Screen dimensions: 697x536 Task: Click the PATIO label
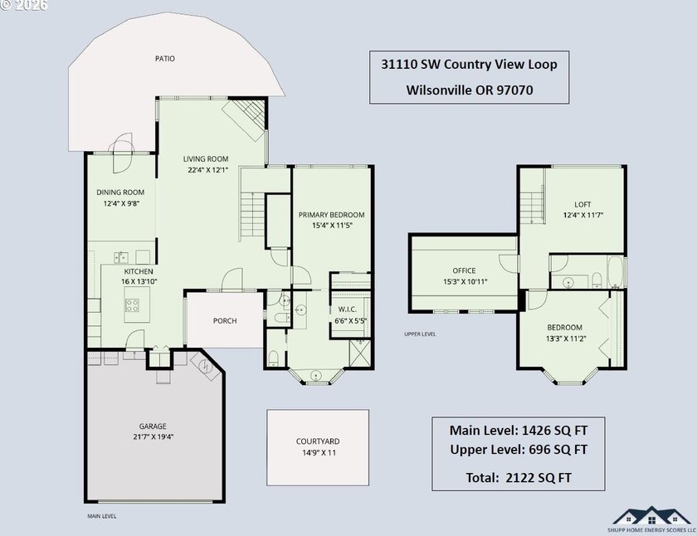pyautogui.click(x=165, y=58)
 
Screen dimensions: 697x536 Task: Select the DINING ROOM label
pyautogui.click(x=120, y=192)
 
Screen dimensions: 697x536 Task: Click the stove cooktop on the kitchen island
pyautogui.click(x=133, y=305)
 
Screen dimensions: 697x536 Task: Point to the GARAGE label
pyautogui.click(x=153, y=426)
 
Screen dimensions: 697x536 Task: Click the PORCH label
pyautogui.click(x=225, y=321)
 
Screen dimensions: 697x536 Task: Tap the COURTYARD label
pyautogui.click(x=318, y=441)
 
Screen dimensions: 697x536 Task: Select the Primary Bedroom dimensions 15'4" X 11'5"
pyautogui.click(x=332, y=226)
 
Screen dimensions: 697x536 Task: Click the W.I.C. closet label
pyautogui.click(x=348, y=309)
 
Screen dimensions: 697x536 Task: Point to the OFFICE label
pyautogui.click(x=464, y=270)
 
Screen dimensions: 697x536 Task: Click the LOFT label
pyautogui.click(x=582, y=204)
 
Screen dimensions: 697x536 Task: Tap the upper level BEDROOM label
pyautogui.click(x=564, y=328)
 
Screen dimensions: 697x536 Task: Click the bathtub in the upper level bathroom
pyautogui.click(x=615, y=271)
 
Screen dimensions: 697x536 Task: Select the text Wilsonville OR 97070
pyautogui.click(x=470, y=90)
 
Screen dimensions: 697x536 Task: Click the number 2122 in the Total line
pyautogui.click(x=520, y=478)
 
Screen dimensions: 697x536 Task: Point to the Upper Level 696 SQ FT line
pyautogui.click(x=519, y=450)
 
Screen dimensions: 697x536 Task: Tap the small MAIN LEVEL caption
pyautogui.click(x=102, y=516)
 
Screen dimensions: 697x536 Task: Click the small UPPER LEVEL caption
pyautogui.click(x=420, y=334)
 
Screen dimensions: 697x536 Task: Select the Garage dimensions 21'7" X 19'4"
pyautogui.click(x=154, y=436)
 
